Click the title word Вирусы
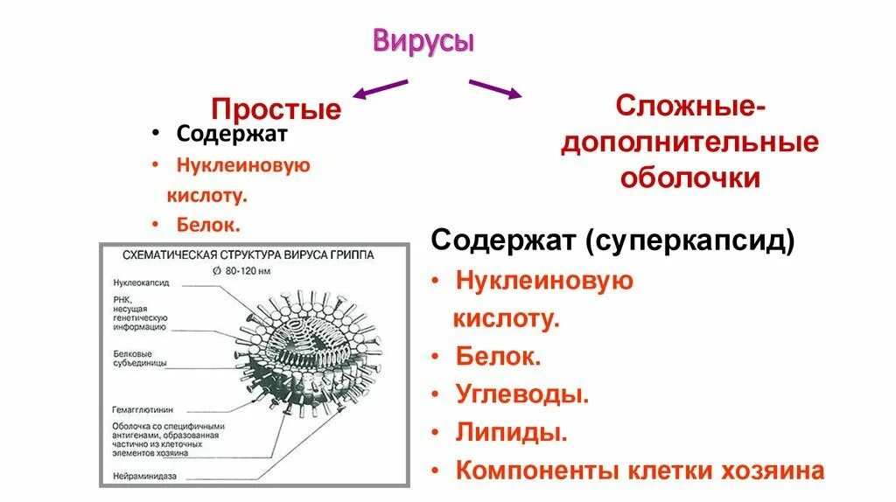tap(423, 41)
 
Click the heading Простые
tap(276, 109)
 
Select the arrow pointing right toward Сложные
tap(494, 88)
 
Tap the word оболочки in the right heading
tap(689, 178)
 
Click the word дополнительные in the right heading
tap(689, 143)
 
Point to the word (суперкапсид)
tap(690, 241)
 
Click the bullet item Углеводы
tap(521, 394)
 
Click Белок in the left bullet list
tap(208, 225)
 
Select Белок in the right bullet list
tap(498, 356)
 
